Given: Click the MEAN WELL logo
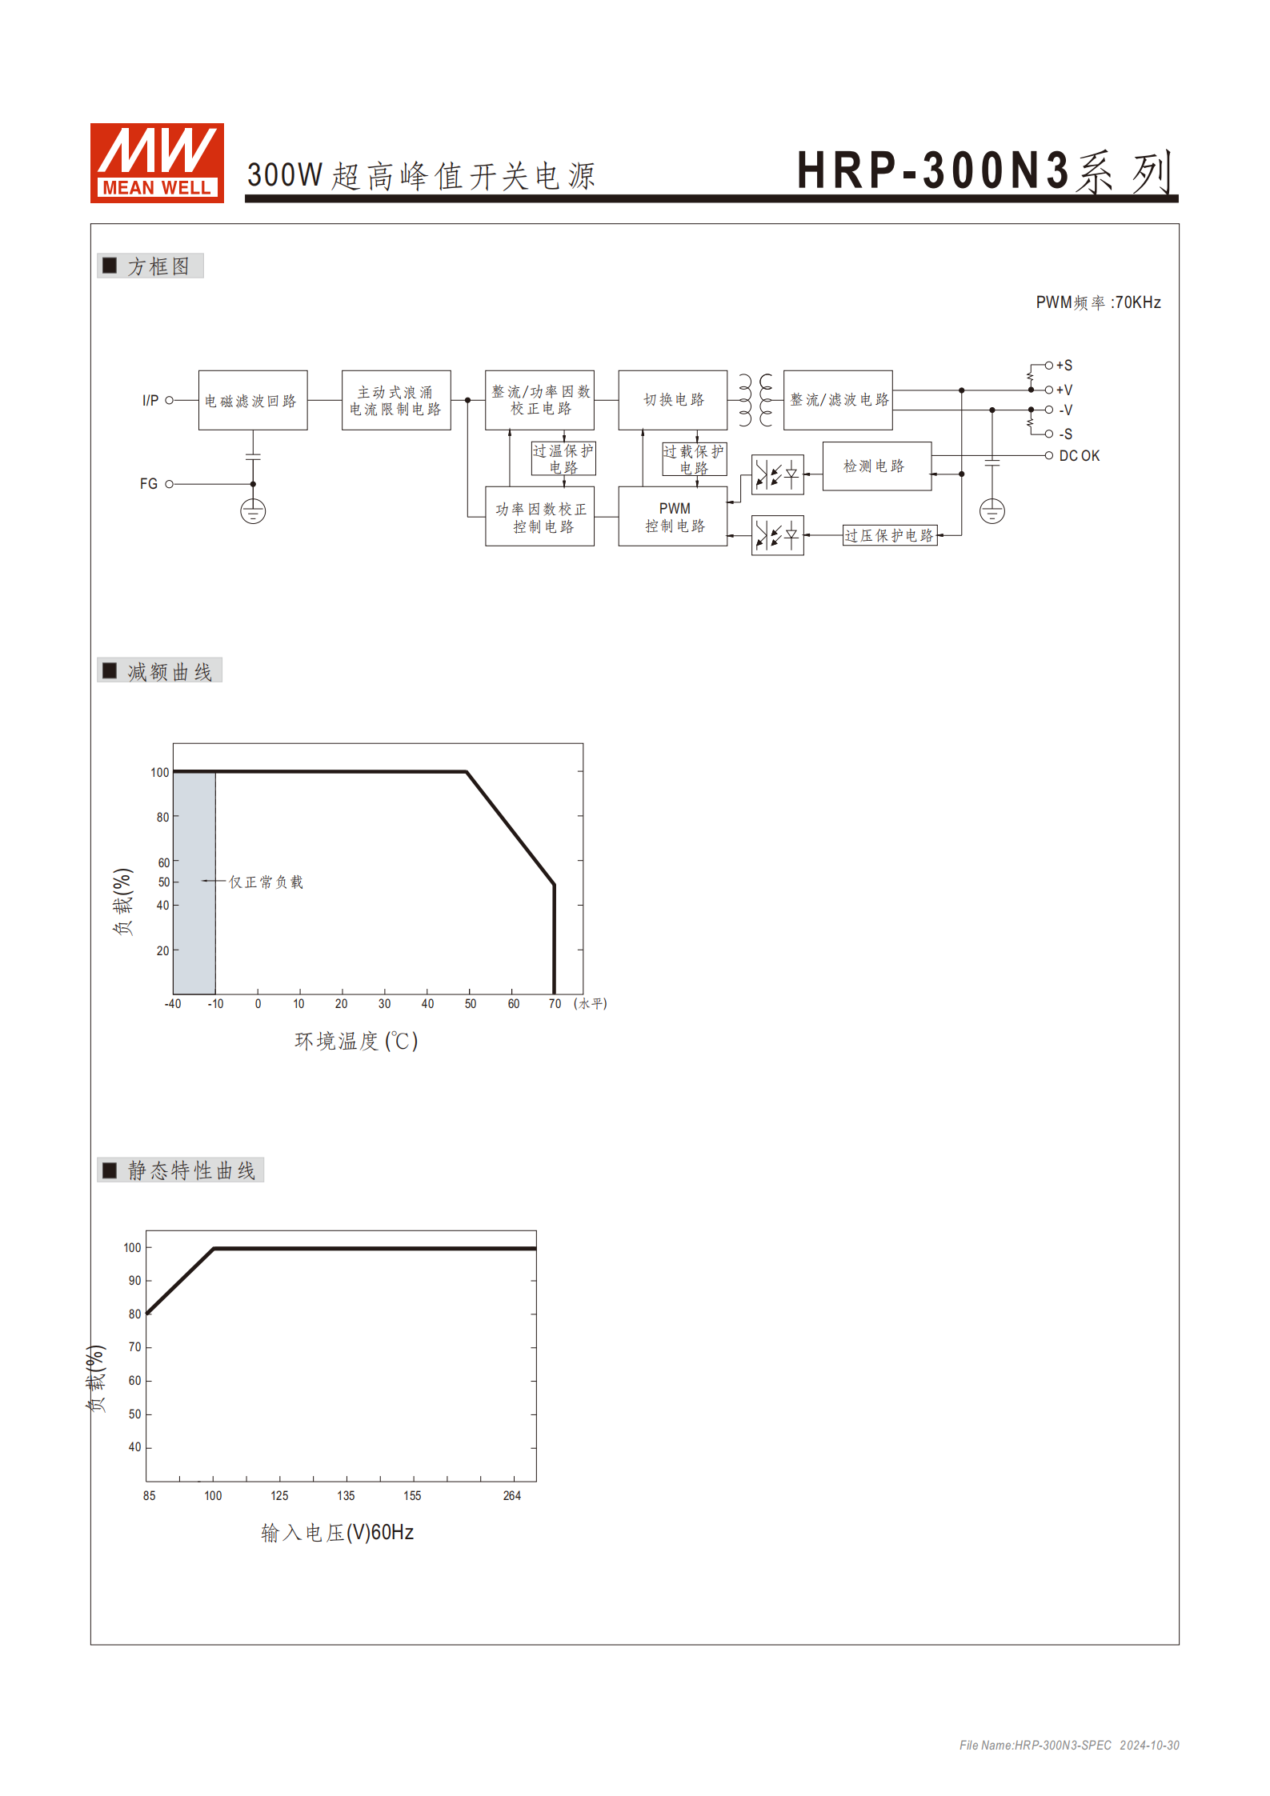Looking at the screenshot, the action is tap(157, 162).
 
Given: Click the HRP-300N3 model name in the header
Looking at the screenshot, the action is tap(933, 171).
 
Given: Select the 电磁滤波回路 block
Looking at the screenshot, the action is tap(253, 400).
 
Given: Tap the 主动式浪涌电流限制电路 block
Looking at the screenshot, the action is tap(396, 400).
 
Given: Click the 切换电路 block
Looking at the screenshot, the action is tap(673, 400).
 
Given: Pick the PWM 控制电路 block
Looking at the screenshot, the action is tap(673, 517).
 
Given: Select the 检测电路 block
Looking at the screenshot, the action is tap(877, 466).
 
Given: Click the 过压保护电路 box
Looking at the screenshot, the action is tap(890, 535).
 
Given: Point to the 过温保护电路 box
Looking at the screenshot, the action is tap(563, 459).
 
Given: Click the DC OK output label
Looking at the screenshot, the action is tap(1079, 456).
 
